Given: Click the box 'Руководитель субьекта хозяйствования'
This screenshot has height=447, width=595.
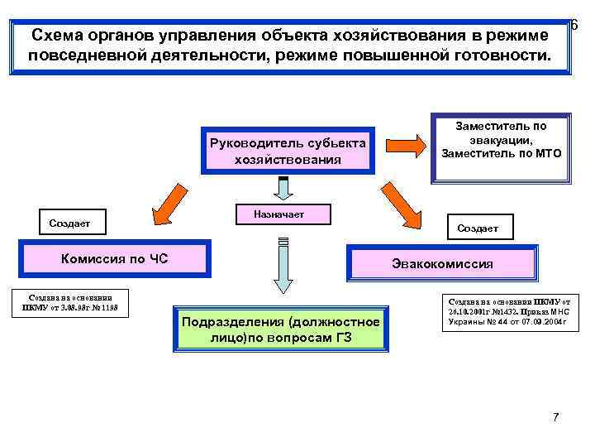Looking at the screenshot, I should click(288, 150).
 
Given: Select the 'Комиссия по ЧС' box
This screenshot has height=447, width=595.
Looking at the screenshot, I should click(115, 259).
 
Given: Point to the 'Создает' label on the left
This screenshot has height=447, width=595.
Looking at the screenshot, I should click(69, 223).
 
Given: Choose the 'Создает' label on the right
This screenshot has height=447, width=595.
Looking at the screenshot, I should click(478, 228).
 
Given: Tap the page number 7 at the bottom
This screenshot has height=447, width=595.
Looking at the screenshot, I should click(556, 416).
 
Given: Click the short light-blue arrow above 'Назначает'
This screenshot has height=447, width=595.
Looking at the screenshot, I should click(283, 189).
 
